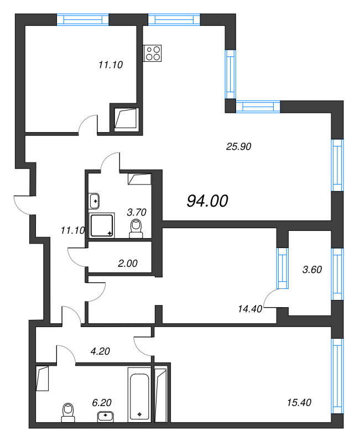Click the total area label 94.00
tap(207, 201)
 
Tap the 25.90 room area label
tap(239, 146)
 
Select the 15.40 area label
tap(299, 403)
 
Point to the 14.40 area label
tap(250, 309)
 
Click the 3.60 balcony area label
tap(312, 270)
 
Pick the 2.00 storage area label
tap(128, 264)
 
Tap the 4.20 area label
tap(100, 351)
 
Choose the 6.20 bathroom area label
tap(102, 403)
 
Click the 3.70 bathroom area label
tap(137, 212)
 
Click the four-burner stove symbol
tap(153, 53)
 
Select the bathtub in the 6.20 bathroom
tap(139, 394)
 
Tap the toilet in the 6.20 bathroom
tap(68, 412)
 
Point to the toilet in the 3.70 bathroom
tap(136, 229)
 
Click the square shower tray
tap(102, 225)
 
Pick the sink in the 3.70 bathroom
tap(94, 201)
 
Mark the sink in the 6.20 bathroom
tap(106, 417)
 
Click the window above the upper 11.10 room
tap(83, 19)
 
